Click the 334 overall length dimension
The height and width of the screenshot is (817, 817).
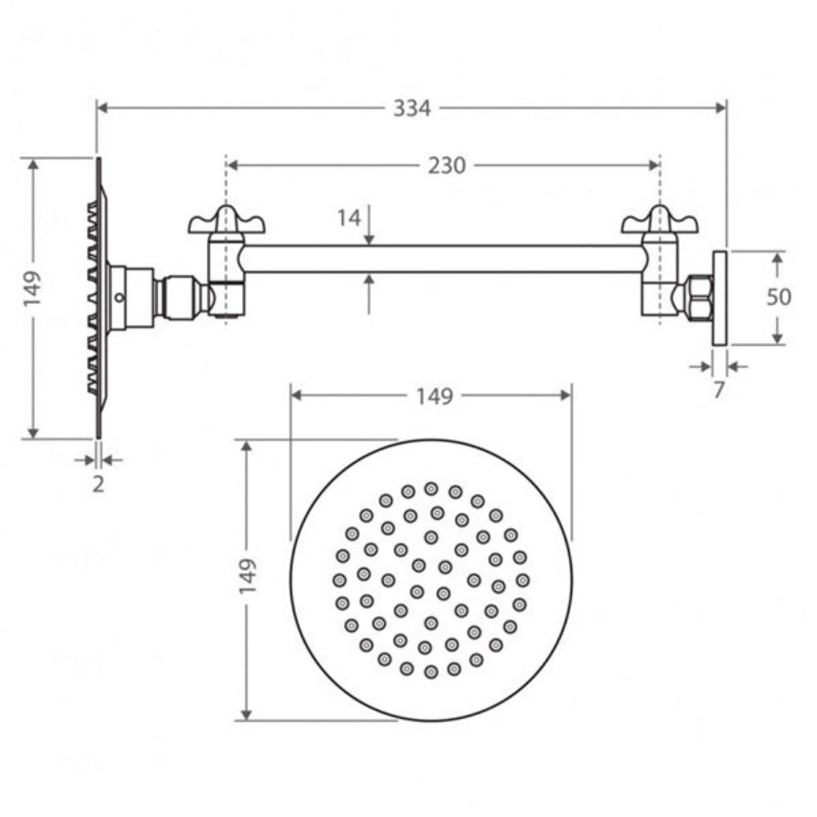411,108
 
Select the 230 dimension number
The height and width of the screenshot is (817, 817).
446,165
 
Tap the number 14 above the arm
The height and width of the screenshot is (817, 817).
349,218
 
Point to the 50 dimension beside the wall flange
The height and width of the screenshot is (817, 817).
778,297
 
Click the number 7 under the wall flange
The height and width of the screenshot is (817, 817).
719,390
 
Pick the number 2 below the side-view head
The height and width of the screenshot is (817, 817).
98,484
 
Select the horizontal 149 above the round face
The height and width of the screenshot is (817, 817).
433,396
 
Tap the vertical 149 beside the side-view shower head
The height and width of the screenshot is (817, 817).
34,289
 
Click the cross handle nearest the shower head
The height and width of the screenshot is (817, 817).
227,221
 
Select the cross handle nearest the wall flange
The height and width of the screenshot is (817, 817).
659,221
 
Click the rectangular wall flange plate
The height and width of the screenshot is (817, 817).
720,297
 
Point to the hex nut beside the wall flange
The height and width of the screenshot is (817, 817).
697,296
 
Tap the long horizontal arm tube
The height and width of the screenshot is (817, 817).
445,259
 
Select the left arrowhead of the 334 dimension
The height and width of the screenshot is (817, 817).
103,108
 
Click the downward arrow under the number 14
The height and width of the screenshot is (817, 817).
369,238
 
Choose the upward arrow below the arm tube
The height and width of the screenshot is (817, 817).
369,281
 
